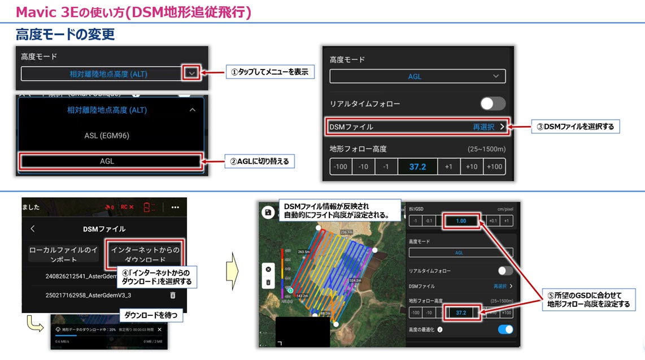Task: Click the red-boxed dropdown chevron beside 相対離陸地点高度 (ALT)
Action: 192,73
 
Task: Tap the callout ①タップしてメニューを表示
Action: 269,72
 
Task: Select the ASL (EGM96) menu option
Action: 107,136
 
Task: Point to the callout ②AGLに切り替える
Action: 259,161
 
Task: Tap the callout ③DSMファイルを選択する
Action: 575,127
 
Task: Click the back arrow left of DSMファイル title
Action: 33,229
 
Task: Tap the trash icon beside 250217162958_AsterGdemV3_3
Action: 173,295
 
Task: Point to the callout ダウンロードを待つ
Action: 151,315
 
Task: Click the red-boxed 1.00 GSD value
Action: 461,221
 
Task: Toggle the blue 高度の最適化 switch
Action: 505,329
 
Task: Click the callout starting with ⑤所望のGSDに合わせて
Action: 588,300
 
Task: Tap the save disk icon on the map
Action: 268,212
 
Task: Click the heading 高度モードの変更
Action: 66,34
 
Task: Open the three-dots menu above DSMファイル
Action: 175,207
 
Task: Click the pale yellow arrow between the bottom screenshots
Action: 232,272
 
